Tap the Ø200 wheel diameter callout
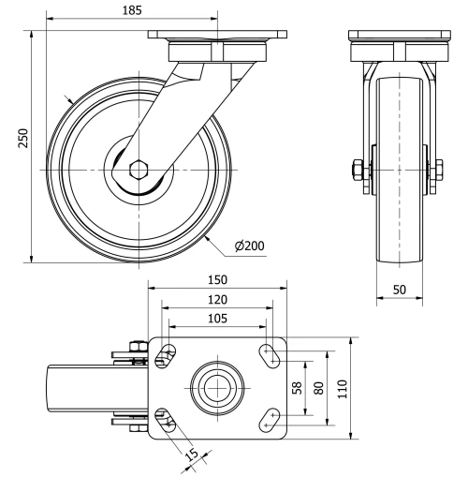[250, 246]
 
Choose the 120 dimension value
[216, 300]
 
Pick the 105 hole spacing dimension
[216, 318]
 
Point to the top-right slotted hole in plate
[271, 355]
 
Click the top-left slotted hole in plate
[166, 356]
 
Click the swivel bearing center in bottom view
[217, 386]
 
